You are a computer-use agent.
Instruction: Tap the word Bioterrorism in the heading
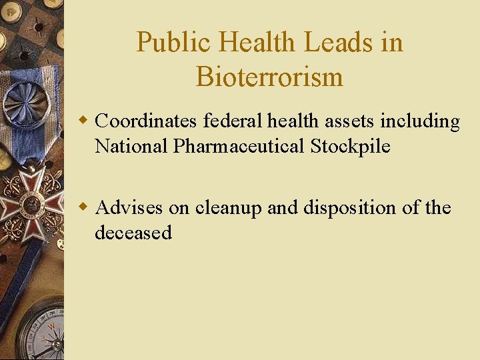pos(269,77)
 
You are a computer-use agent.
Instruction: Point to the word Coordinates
pos(147,121)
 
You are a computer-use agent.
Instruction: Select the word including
pos(420,121)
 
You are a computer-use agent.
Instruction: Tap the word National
pos(131,146)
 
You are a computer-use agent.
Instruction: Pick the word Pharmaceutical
pos(239,146)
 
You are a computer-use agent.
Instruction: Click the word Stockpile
pos(350,146)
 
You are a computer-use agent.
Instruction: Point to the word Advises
pos(129,208)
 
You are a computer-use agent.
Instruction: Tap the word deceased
pos(133,233)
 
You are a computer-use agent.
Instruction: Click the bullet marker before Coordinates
pos(83,121)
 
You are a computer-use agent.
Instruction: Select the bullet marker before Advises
pos(83,207)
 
